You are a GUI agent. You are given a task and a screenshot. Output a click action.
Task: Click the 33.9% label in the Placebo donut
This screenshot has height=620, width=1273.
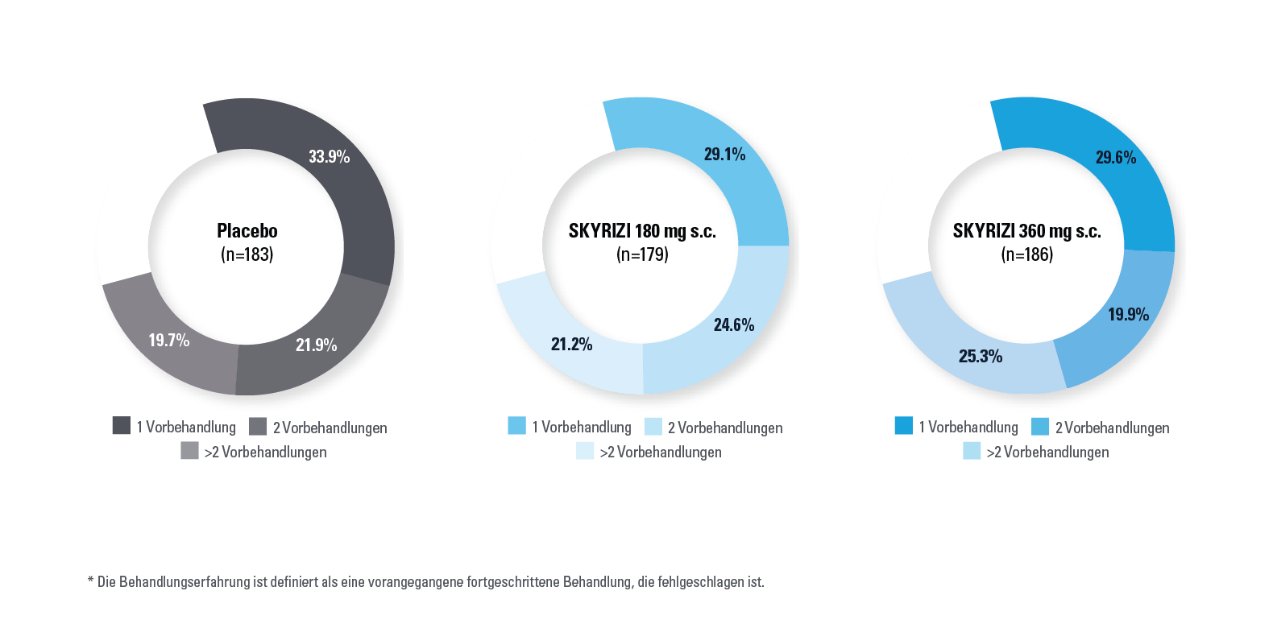coord(329,157)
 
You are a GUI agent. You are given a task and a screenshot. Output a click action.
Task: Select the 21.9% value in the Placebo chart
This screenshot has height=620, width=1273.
coord(316,345)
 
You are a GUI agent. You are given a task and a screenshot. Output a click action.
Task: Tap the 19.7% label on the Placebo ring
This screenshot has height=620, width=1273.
coord(169,341)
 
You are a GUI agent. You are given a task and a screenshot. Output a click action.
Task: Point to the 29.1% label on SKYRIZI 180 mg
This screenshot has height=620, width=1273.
coord(724,155)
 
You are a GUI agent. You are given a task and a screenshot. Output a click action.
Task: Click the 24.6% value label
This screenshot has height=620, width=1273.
coord(734,325)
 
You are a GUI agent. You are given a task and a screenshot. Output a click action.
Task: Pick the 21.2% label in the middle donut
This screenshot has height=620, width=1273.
coord(571,345)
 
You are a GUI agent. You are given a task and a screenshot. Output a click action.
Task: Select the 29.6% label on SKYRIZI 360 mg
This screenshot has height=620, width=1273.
coord(1115,158)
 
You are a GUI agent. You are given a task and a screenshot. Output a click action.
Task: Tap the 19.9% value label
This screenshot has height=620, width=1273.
coord(1128,315)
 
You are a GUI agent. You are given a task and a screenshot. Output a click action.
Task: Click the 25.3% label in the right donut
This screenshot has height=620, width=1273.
coord(980,357)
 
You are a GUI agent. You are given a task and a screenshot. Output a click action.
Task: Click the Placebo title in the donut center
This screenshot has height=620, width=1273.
coord(247,231)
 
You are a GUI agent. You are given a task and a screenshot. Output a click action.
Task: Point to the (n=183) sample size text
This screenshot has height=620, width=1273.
coord(247,255)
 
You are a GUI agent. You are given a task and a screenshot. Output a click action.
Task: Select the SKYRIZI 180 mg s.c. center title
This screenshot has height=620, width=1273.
coord(642,232)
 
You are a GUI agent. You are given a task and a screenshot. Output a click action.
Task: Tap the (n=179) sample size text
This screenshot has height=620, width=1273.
coord(642,255)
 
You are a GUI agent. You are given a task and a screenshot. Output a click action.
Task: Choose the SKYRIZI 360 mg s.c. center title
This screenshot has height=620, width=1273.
coord(1026,232)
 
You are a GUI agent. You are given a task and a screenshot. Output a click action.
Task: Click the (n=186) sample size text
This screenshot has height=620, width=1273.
coord(1026,255)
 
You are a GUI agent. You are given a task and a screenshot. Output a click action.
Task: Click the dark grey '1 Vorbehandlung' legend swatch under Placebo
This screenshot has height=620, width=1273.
coord(122,426)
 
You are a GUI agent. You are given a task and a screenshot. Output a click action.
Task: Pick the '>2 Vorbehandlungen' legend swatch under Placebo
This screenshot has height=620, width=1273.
coord(189,451)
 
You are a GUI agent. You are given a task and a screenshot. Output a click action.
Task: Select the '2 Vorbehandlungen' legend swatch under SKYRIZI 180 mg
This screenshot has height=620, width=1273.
coord(653,427)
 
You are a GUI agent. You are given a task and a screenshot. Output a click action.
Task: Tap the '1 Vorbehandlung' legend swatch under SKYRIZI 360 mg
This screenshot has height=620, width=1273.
coord(904,426)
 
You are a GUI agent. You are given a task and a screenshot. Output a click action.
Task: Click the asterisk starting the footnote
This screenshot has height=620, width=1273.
coord(90,580)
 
